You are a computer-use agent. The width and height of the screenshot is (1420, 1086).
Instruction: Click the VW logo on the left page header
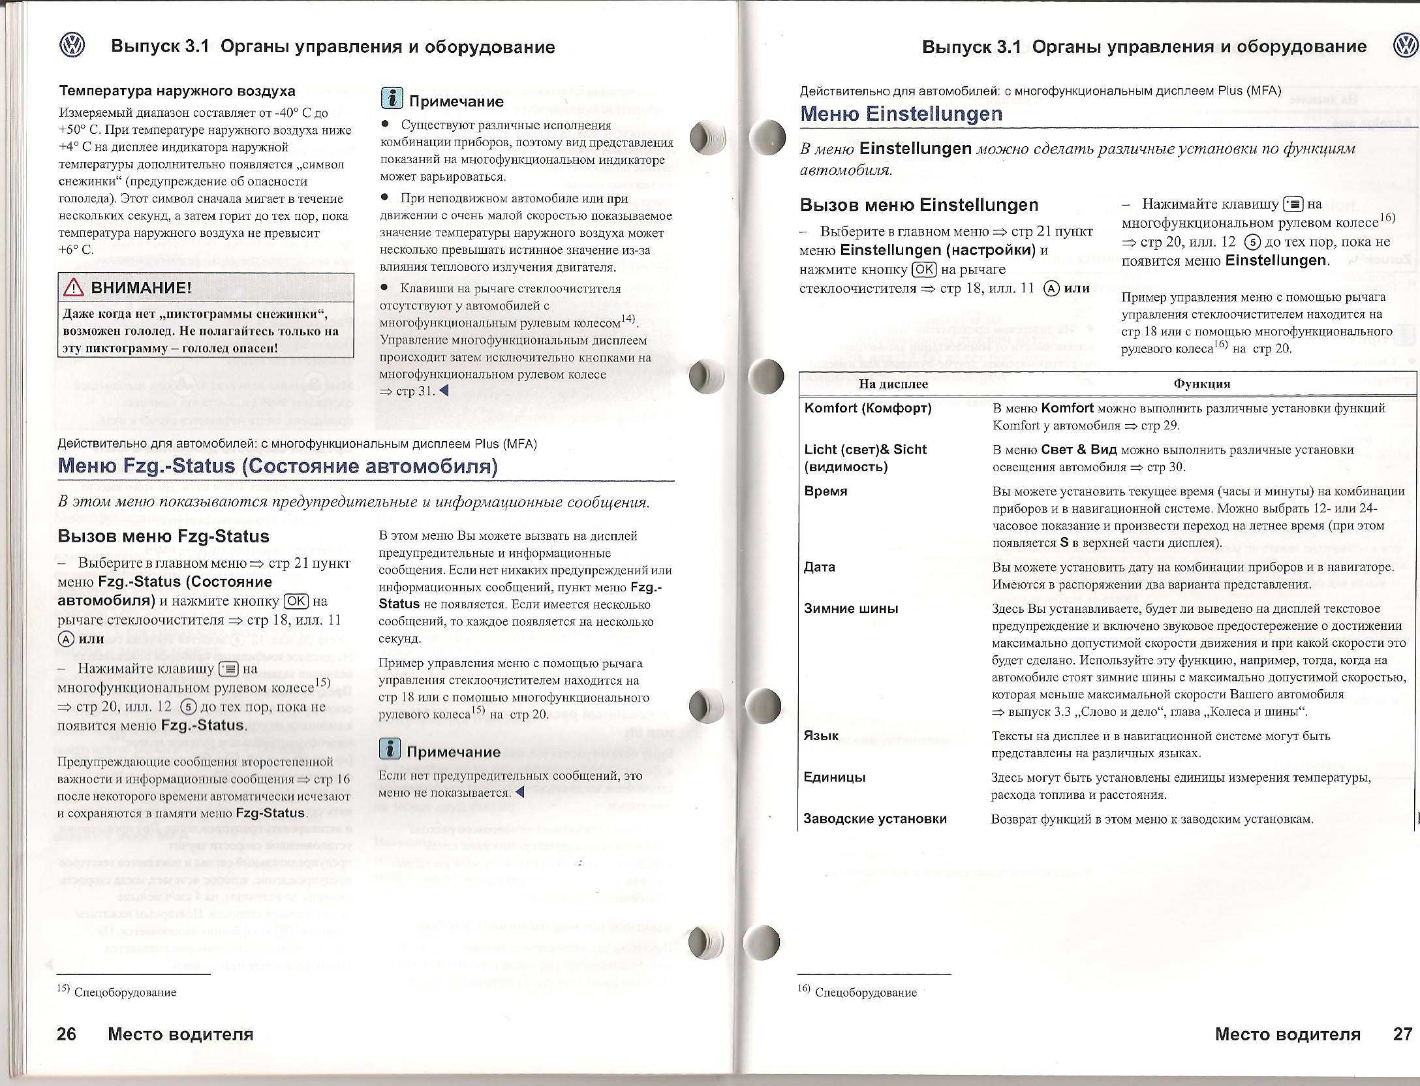pos(72,46)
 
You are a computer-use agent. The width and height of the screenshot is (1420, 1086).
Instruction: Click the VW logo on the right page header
pos(1405,46)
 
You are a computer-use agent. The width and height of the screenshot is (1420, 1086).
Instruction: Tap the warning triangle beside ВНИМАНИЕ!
pos(74,288)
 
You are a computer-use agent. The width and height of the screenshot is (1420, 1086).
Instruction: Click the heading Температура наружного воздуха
pos(177,91)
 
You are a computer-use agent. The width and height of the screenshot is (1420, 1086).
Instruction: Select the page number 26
pos(67,1034)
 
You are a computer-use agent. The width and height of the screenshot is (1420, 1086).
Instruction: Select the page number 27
pos(1402,1034)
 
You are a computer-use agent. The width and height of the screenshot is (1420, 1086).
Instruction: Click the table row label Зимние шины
pos(851,608)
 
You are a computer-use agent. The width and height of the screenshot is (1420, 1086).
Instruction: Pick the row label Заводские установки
pos(875,818)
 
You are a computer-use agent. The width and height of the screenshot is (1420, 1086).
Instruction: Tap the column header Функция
pos(1201,384)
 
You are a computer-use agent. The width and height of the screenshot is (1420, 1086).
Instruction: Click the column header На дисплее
pos(893,384)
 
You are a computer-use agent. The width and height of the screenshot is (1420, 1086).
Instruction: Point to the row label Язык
pos(821,736)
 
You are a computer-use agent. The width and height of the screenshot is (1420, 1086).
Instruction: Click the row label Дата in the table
pos(820,567)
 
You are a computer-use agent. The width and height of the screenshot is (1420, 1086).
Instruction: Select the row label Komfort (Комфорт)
pos(868,408)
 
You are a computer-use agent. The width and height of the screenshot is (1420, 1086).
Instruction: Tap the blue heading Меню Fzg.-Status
pos(277,466)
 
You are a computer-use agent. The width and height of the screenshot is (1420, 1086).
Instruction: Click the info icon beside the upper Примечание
pos(392,98)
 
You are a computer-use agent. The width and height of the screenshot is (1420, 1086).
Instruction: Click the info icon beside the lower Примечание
pos(390,749)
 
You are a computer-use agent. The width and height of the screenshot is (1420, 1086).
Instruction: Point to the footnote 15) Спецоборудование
pos(117,992)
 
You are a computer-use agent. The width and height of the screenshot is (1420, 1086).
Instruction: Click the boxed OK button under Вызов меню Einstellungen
pos(924,269)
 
